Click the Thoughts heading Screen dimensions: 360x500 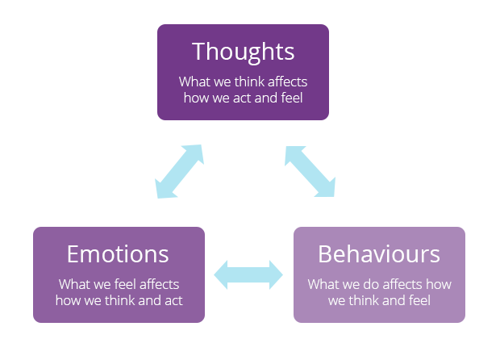(243, 52)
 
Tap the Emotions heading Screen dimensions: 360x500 (118, 254)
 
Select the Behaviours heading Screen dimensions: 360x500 (379, 254)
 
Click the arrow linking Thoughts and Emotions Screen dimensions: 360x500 (179, 171)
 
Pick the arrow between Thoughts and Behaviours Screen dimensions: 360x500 (310, 171)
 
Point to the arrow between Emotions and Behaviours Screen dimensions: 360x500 (248, 274)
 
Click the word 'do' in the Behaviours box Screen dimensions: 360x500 (372, 285)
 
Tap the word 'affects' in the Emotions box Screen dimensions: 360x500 (156, 285)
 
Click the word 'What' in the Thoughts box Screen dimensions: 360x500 (194, 82)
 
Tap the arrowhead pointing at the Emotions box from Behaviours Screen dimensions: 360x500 (221, 274)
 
